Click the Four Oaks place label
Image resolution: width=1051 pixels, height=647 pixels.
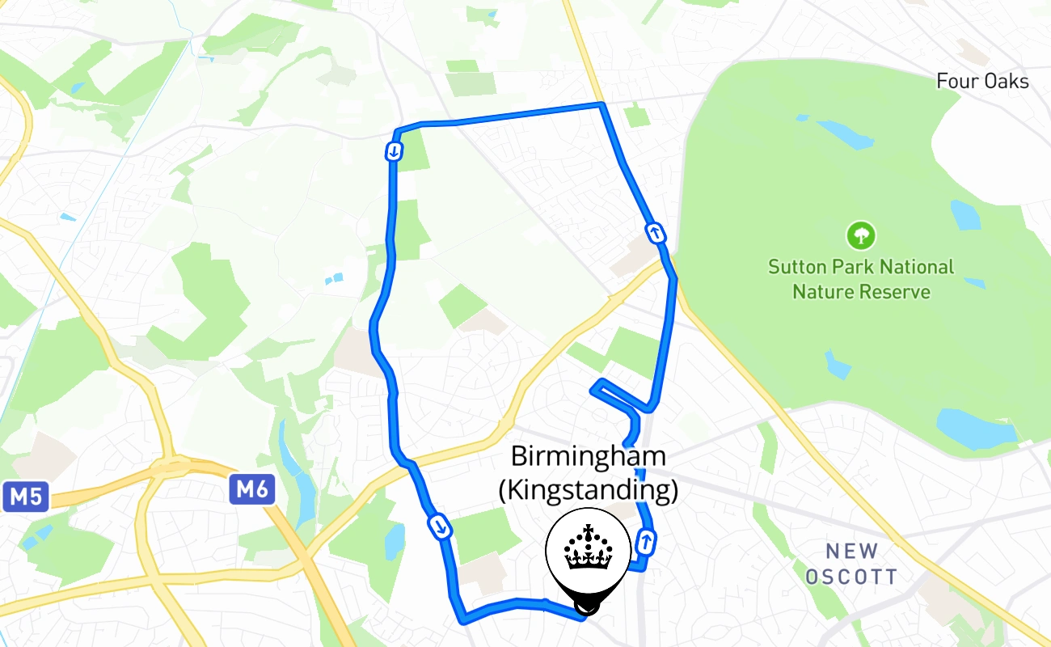click(x=982, y=81)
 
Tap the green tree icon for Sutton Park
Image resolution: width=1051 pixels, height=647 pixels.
click(x=861, y=236)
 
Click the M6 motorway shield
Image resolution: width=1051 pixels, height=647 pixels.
click(x=252, y=489)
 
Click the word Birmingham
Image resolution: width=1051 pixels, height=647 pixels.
click(x=589, y=457)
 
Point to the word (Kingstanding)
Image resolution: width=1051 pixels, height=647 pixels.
click(x=588, y=491)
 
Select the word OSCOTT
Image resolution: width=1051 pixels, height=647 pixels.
click(x=852, y=577)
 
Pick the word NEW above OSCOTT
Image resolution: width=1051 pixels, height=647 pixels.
click(x=852, y=552)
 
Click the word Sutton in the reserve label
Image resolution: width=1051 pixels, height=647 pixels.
click(x=795, y=267)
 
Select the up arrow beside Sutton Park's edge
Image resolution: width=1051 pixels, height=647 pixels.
click(x=656, y=233)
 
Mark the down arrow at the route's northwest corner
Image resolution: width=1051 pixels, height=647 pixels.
click(x=394, y=151)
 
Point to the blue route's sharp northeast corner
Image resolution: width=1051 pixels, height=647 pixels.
click(x=601, y=104)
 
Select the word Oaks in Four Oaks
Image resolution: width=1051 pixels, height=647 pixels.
click(x=1007, y=81)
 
